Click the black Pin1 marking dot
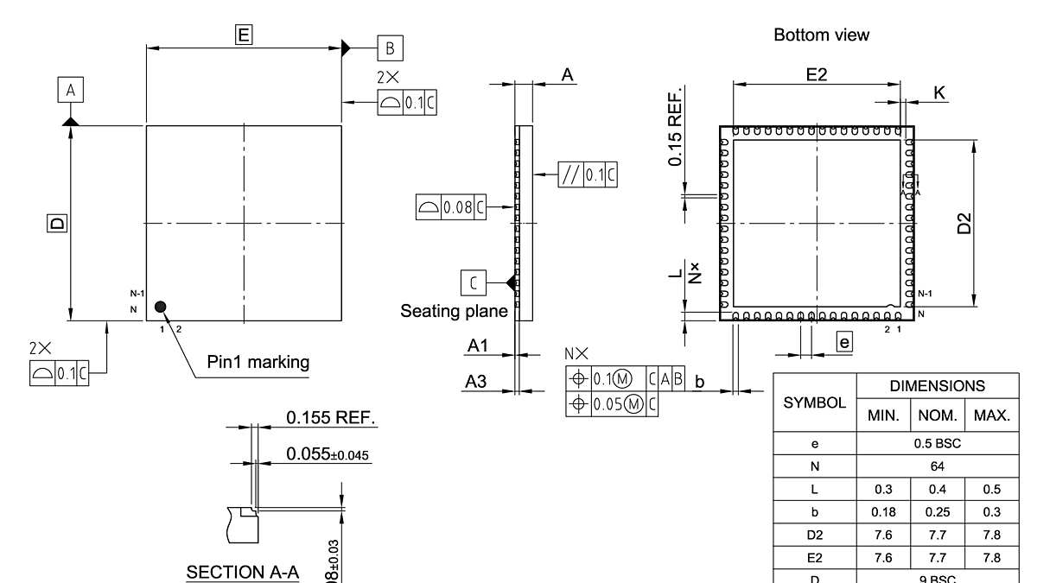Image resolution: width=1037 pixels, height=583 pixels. click(160, 307)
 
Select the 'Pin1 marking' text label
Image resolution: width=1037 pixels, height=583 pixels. click(258, 362)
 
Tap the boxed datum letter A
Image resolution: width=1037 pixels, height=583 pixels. click(71, 89)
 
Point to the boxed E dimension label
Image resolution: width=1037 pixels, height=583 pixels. click(244, 35)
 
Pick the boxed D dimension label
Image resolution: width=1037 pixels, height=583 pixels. click(56, 224)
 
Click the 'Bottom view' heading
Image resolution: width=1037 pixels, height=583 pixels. click(821, 35)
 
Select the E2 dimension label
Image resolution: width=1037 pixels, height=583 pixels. click(816, 74)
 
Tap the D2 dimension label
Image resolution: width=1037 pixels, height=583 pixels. click(965, 223)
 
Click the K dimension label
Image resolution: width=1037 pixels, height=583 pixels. click(939, 92)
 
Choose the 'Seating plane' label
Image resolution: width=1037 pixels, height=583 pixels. click(454, 311)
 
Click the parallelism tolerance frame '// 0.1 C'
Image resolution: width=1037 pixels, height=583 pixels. click(588, 174)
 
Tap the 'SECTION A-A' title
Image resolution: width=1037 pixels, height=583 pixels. click(242, 573)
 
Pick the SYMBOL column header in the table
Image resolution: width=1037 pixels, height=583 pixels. click(814, 403)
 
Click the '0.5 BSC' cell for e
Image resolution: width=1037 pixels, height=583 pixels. click(938, 444)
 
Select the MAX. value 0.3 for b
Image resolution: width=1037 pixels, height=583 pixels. click(991, 511)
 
